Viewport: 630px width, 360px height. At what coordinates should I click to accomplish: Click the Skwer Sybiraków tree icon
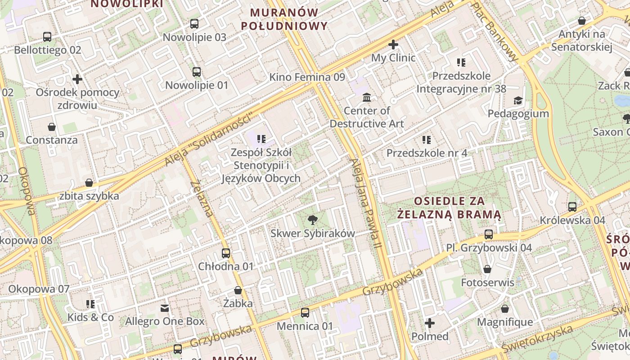[312, 220]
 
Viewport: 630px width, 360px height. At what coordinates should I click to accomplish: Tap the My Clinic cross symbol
[393, 45]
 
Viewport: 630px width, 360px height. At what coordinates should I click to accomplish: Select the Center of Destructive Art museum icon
[367, 97]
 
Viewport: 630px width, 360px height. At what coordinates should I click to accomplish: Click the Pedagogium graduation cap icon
[518, 100]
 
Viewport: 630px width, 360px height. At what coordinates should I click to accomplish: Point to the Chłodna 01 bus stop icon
[226, 253]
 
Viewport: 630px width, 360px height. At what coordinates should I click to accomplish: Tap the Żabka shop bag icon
[238, 291]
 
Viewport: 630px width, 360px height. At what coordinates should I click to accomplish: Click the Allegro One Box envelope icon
[165, 308]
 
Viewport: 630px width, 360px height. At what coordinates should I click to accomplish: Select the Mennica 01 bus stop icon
[305, 313]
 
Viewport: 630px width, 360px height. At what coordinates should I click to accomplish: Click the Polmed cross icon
[430, 323]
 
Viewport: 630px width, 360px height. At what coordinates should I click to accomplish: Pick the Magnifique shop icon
[505, 309]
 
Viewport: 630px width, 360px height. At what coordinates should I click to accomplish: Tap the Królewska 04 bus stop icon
[572, 207]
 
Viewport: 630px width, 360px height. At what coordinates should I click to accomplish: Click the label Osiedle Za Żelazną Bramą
[449, 207]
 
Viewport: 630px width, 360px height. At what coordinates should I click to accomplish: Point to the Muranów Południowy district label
[284, 19]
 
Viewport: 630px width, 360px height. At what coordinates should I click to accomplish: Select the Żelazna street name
[202, 198]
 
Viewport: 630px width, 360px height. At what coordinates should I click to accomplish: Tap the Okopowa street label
[27, 191]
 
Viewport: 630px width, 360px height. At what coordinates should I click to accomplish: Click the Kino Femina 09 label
[307, 77]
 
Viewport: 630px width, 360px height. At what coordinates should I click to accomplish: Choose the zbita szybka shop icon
[89, 183]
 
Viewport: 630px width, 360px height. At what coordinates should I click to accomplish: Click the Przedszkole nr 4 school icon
[427, 140]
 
